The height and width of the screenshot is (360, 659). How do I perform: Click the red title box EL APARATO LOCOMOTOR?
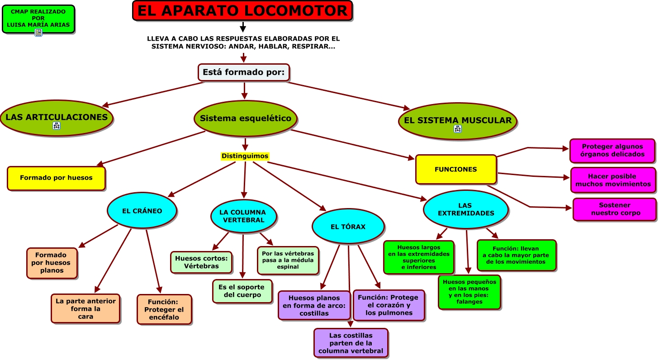(242, 10)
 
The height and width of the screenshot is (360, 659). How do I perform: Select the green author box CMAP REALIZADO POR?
(38, 18)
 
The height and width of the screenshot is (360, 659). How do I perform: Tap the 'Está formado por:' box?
(243, 72)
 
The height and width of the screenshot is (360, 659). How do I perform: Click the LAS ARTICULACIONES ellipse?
(57, 117)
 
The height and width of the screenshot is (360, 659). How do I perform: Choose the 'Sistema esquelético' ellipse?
(246, 118)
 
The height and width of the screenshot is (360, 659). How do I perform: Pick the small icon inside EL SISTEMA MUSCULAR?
(457, 129)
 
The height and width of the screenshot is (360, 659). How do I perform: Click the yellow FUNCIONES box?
(455, 170)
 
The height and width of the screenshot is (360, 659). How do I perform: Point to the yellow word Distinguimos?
(245, 156)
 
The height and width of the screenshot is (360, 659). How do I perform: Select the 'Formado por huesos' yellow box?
(56, 178)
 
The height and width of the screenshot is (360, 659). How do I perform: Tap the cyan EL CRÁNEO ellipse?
(142, 211)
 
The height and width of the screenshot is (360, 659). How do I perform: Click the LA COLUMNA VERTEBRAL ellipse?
(243, 216)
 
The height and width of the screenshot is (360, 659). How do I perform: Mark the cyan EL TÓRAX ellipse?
(348, 227)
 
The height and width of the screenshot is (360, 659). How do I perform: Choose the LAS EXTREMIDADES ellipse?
(466, 209)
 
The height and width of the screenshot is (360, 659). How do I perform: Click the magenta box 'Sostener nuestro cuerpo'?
(615, 209)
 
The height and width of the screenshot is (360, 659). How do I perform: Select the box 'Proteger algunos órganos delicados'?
(612, 151)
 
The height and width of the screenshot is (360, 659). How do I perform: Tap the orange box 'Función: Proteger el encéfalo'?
(164, 309)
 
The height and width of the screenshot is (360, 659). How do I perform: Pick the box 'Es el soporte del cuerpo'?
(242, 291)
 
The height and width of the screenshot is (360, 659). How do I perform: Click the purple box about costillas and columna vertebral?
(351, 343)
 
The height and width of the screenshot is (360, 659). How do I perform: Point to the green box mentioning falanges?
(469, 292)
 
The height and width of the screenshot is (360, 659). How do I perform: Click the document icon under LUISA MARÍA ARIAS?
(38, 33)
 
